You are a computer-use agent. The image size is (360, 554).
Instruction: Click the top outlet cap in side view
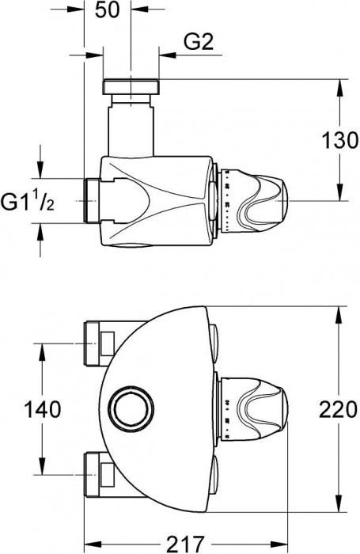pos(130,85)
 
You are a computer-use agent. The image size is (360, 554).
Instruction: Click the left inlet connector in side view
pos(91,201)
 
